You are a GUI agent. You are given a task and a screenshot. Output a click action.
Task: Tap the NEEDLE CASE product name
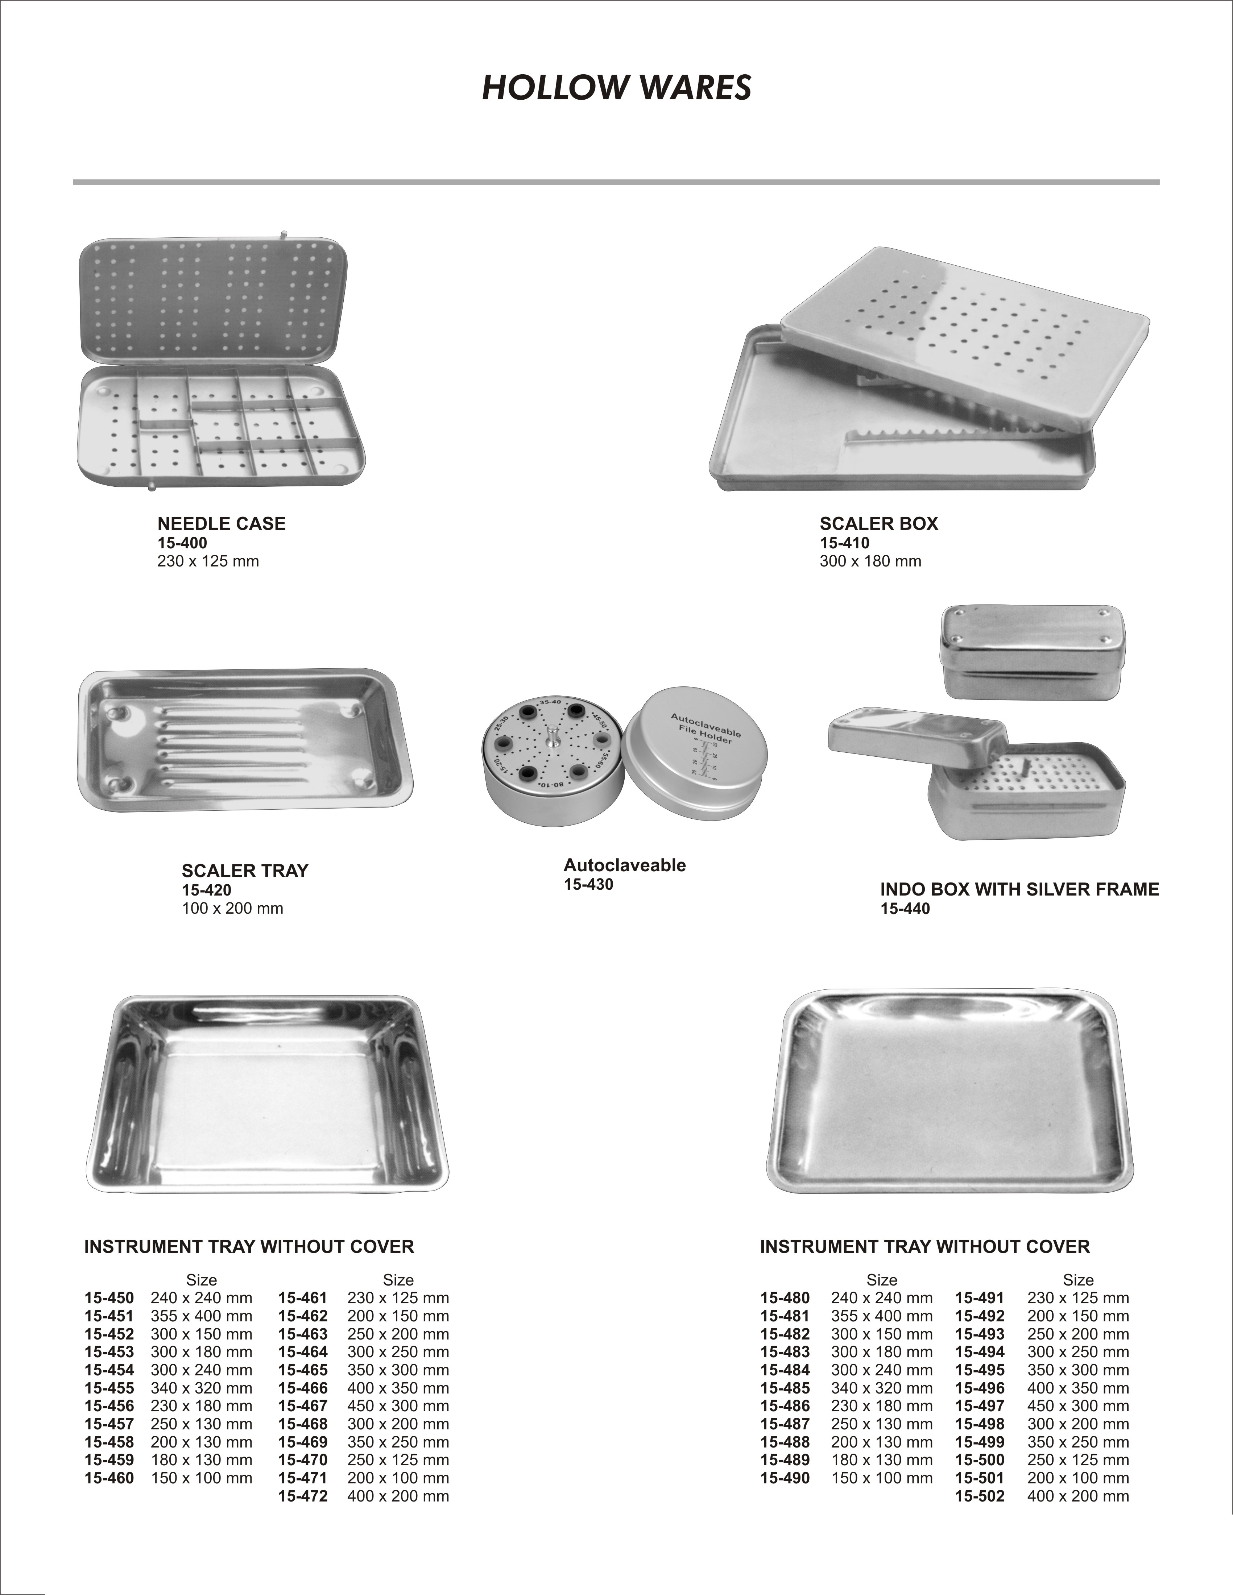click(221, 524)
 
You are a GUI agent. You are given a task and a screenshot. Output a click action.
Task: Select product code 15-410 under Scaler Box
click(844, 543)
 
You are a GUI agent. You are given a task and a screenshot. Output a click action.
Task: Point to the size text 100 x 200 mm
click(232, 909)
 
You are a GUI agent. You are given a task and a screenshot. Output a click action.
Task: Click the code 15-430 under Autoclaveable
click(588, 884)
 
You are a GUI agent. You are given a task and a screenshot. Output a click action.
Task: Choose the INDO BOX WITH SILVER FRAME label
click(1019, 889)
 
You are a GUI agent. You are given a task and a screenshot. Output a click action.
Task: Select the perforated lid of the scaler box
click(964, 336)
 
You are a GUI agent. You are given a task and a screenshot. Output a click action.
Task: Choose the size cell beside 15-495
click(1077, 1370)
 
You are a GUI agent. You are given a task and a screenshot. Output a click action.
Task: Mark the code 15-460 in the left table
click(109, 1478)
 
